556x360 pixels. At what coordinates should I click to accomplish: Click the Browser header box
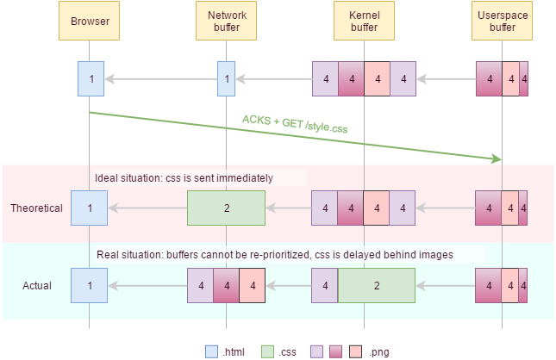tap(89, 22)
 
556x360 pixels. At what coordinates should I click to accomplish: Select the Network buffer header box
tap(226, 22)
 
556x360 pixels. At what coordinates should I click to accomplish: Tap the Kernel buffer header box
tap(364, 22)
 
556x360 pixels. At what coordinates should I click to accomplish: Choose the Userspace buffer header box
tap(502, 22)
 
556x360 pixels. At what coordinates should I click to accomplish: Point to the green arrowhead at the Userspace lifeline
tap(497, 158)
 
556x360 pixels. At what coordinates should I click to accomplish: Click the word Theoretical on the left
tap(36, 208)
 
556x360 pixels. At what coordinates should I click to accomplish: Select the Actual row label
tap(36, 285)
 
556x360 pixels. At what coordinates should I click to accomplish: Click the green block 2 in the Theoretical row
tap(226, 208)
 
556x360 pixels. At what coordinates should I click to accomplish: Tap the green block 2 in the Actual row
tap(376, 285)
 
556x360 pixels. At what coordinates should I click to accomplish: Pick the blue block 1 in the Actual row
tap(89, 285)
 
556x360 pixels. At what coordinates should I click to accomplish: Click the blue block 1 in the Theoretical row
tap(89, 208)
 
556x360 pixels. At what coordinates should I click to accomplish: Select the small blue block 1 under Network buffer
tap(226, 78)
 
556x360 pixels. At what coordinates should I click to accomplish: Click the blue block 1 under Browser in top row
tap(89, 78)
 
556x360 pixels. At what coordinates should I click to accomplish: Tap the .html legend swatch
tap(211, 351)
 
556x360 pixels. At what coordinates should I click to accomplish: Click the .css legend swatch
tap(267, 351)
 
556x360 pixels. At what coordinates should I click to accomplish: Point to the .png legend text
tap(378, 351)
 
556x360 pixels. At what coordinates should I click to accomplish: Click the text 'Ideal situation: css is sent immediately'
tap(184, 178)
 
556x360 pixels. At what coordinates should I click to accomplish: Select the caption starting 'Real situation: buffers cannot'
tap(274, 254)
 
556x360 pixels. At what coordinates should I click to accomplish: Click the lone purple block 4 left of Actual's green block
tap(325, 285)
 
